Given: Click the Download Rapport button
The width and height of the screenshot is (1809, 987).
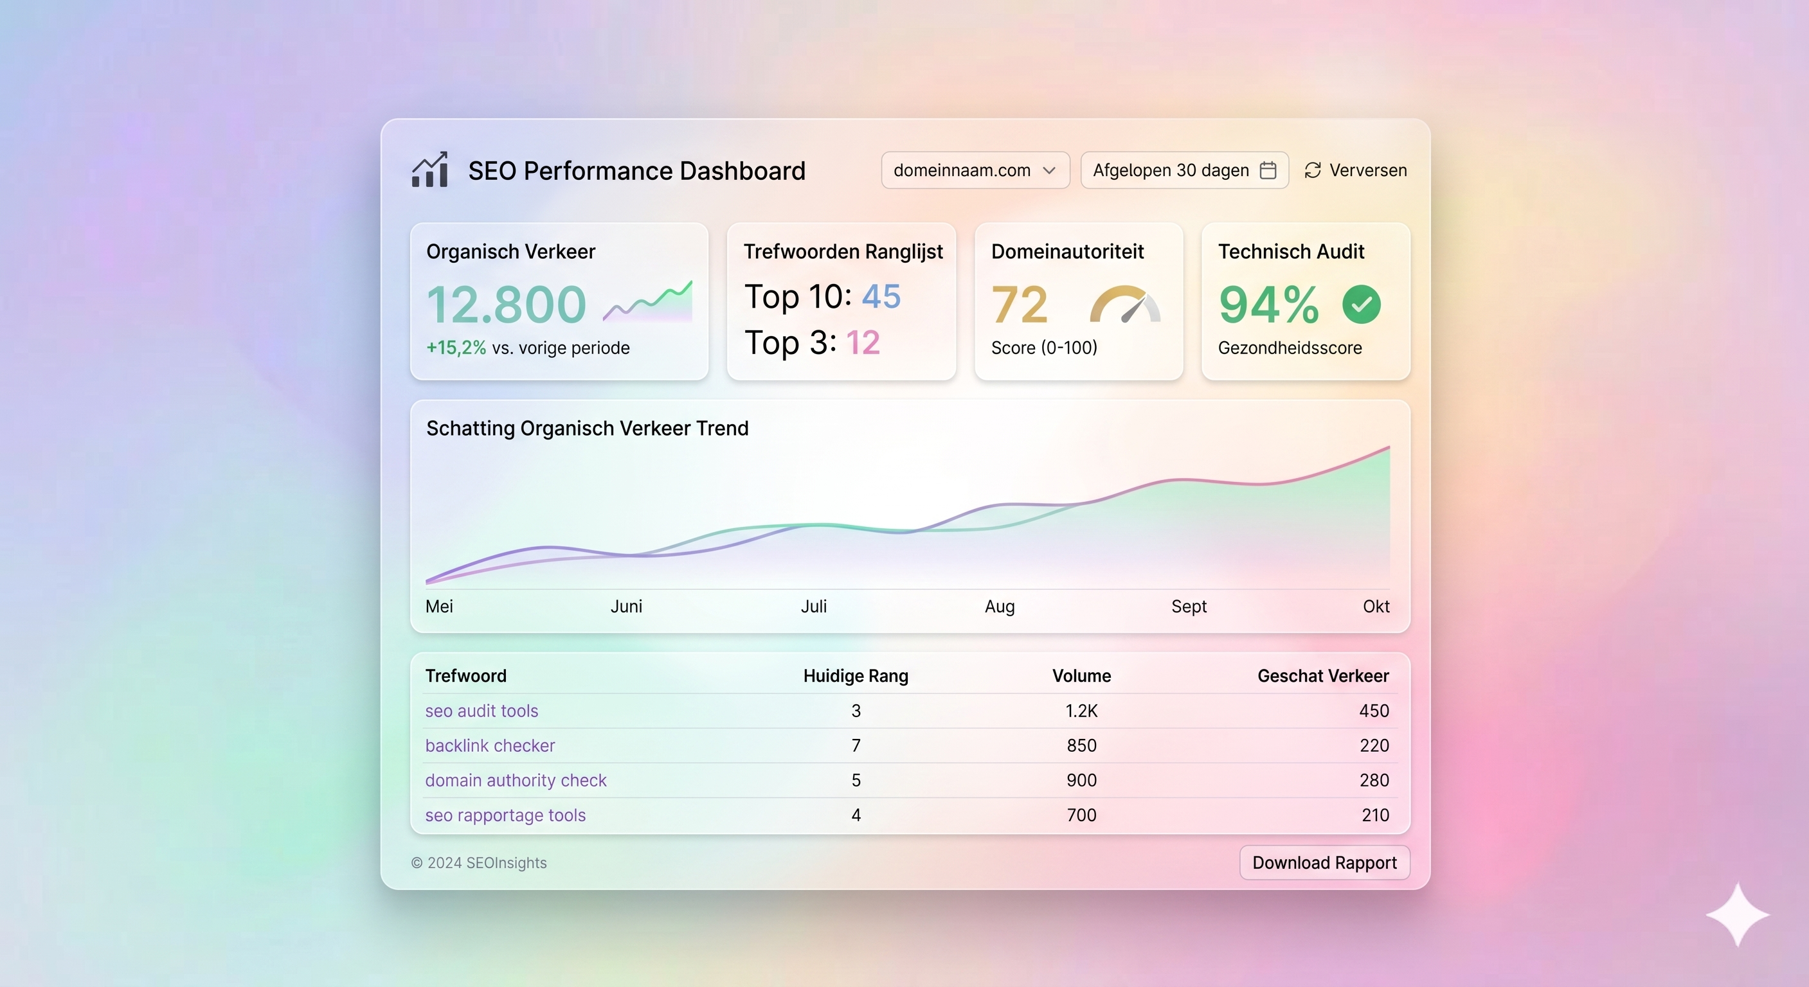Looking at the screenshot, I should pyautogui.click(x=1324, y=862).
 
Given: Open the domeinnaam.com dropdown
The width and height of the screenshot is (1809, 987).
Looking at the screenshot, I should pyautogui.click(x=975, y=170).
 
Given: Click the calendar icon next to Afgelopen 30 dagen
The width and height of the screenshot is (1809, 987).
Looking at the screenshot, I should pyautogui.click(x=1268, y=170).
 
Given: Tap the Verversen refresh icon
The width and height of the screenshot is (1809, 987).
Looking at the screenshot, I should pyautogui.click(x=1313, y=170).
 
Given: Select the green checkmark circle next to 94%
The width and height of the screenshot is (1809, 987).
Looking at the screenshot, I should pyautogui.click(x=1361, y=305).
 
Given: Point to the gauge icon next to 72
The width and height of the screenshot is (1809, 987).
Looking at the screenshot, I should pyautogui.click(x=1125, y=305).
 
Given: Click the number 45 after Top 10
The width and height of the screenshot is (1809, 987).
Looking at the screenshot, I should pyautogui.click(x=881, y=296).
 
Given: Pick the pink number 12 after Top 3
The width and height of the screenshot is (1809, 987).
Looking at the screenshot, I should pyautogui.click(x=862, y=342).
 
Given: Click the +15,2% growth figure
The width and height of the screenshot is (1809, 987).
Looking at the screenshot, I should pyautogui.click(x=456, y=348).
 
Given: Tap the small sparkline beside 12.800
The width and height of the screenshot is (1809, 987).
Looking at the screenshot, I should pyautogui.click(x=647, y=302).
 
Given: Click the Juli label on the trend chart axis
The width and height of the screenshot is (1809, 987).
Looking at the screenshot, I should pyautogui.click(x=813, y=606).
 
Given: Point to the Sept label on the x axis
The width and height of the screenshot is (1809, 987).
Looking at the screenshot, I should pyautogui.click(x=1188, y=606).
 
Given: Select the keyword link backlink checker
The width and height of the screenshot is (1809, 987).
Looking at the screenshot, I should pyautogui.click(x=489, y=745).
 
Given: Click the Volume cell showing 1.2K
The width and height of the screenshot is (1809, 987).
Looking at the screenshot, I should pyautogui.click(x=1081, y=711).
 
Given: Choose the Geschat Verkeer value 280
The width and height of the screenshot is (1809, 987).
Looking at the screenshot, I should pyautogui.click(x=1374, y=780).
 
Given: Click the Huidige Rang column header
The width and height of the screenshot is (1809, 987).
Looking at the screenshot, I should pyautogui.click(x=856, y=675).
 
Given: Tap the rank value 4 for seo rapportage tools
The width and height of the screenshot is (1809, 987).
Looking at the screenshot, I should pyautogui.click(x=856, y=815).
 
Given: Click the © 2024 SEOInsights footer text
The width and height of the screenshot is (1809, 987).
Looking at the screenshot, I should pyautogui.click(x=478, y=863).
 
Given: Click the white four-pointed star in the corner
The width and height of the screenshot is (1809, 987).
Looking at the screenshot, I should pyautogui.click(x=1738, y=914).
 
